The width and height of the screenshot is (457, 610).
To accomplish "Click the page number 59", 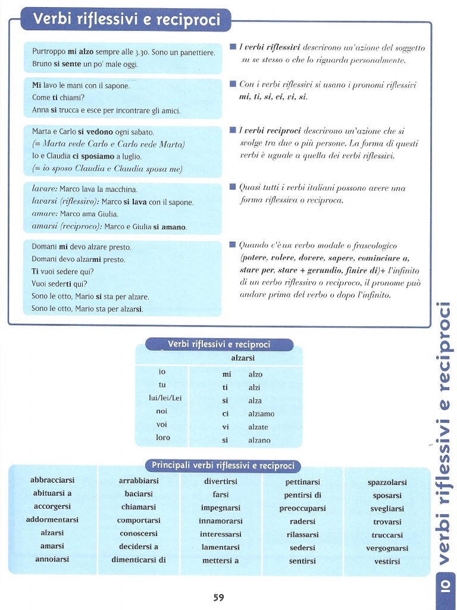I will (218, 597).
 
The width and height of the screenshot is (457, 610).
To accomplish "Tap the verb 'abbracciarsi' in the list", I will (52, 480).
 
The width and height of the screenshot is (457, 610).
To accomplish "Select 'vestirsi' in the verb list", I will (387, 561).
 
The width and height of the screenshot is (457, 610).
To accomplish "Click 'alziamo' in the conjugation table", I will (261, 413).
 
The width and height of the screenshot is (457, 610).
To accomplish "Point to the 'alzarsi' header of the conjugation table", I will (243, 358).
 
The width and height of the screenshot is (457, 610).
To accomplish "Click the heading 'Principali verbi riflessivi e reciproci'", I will (223, 465).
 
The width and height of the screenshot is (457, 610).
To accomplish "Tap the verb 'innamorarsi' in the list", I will (220, 521).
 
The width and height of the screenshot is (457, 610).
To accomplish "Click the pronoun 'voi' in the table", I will (162, 424).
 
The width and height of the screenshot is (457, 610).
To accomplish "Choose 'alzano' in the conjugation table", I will (259, 440).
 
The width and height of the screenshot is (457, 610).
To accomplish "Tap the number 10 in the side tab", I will (446, 587).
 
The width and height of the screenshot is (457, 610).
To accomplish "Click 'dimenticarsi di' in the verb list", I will (139, 559).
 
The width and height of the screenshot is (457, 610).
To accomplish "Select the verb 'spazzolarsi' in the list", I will (387, 482).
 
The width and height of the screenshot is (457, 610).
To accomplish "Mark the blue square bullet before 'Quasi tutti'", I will (232, 187).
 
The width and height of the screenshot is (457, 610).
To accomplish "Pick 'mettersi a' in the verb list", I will (220, 560).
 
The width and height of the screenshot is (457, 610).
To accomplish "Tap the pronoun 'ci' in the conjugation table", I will (226, 413).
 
